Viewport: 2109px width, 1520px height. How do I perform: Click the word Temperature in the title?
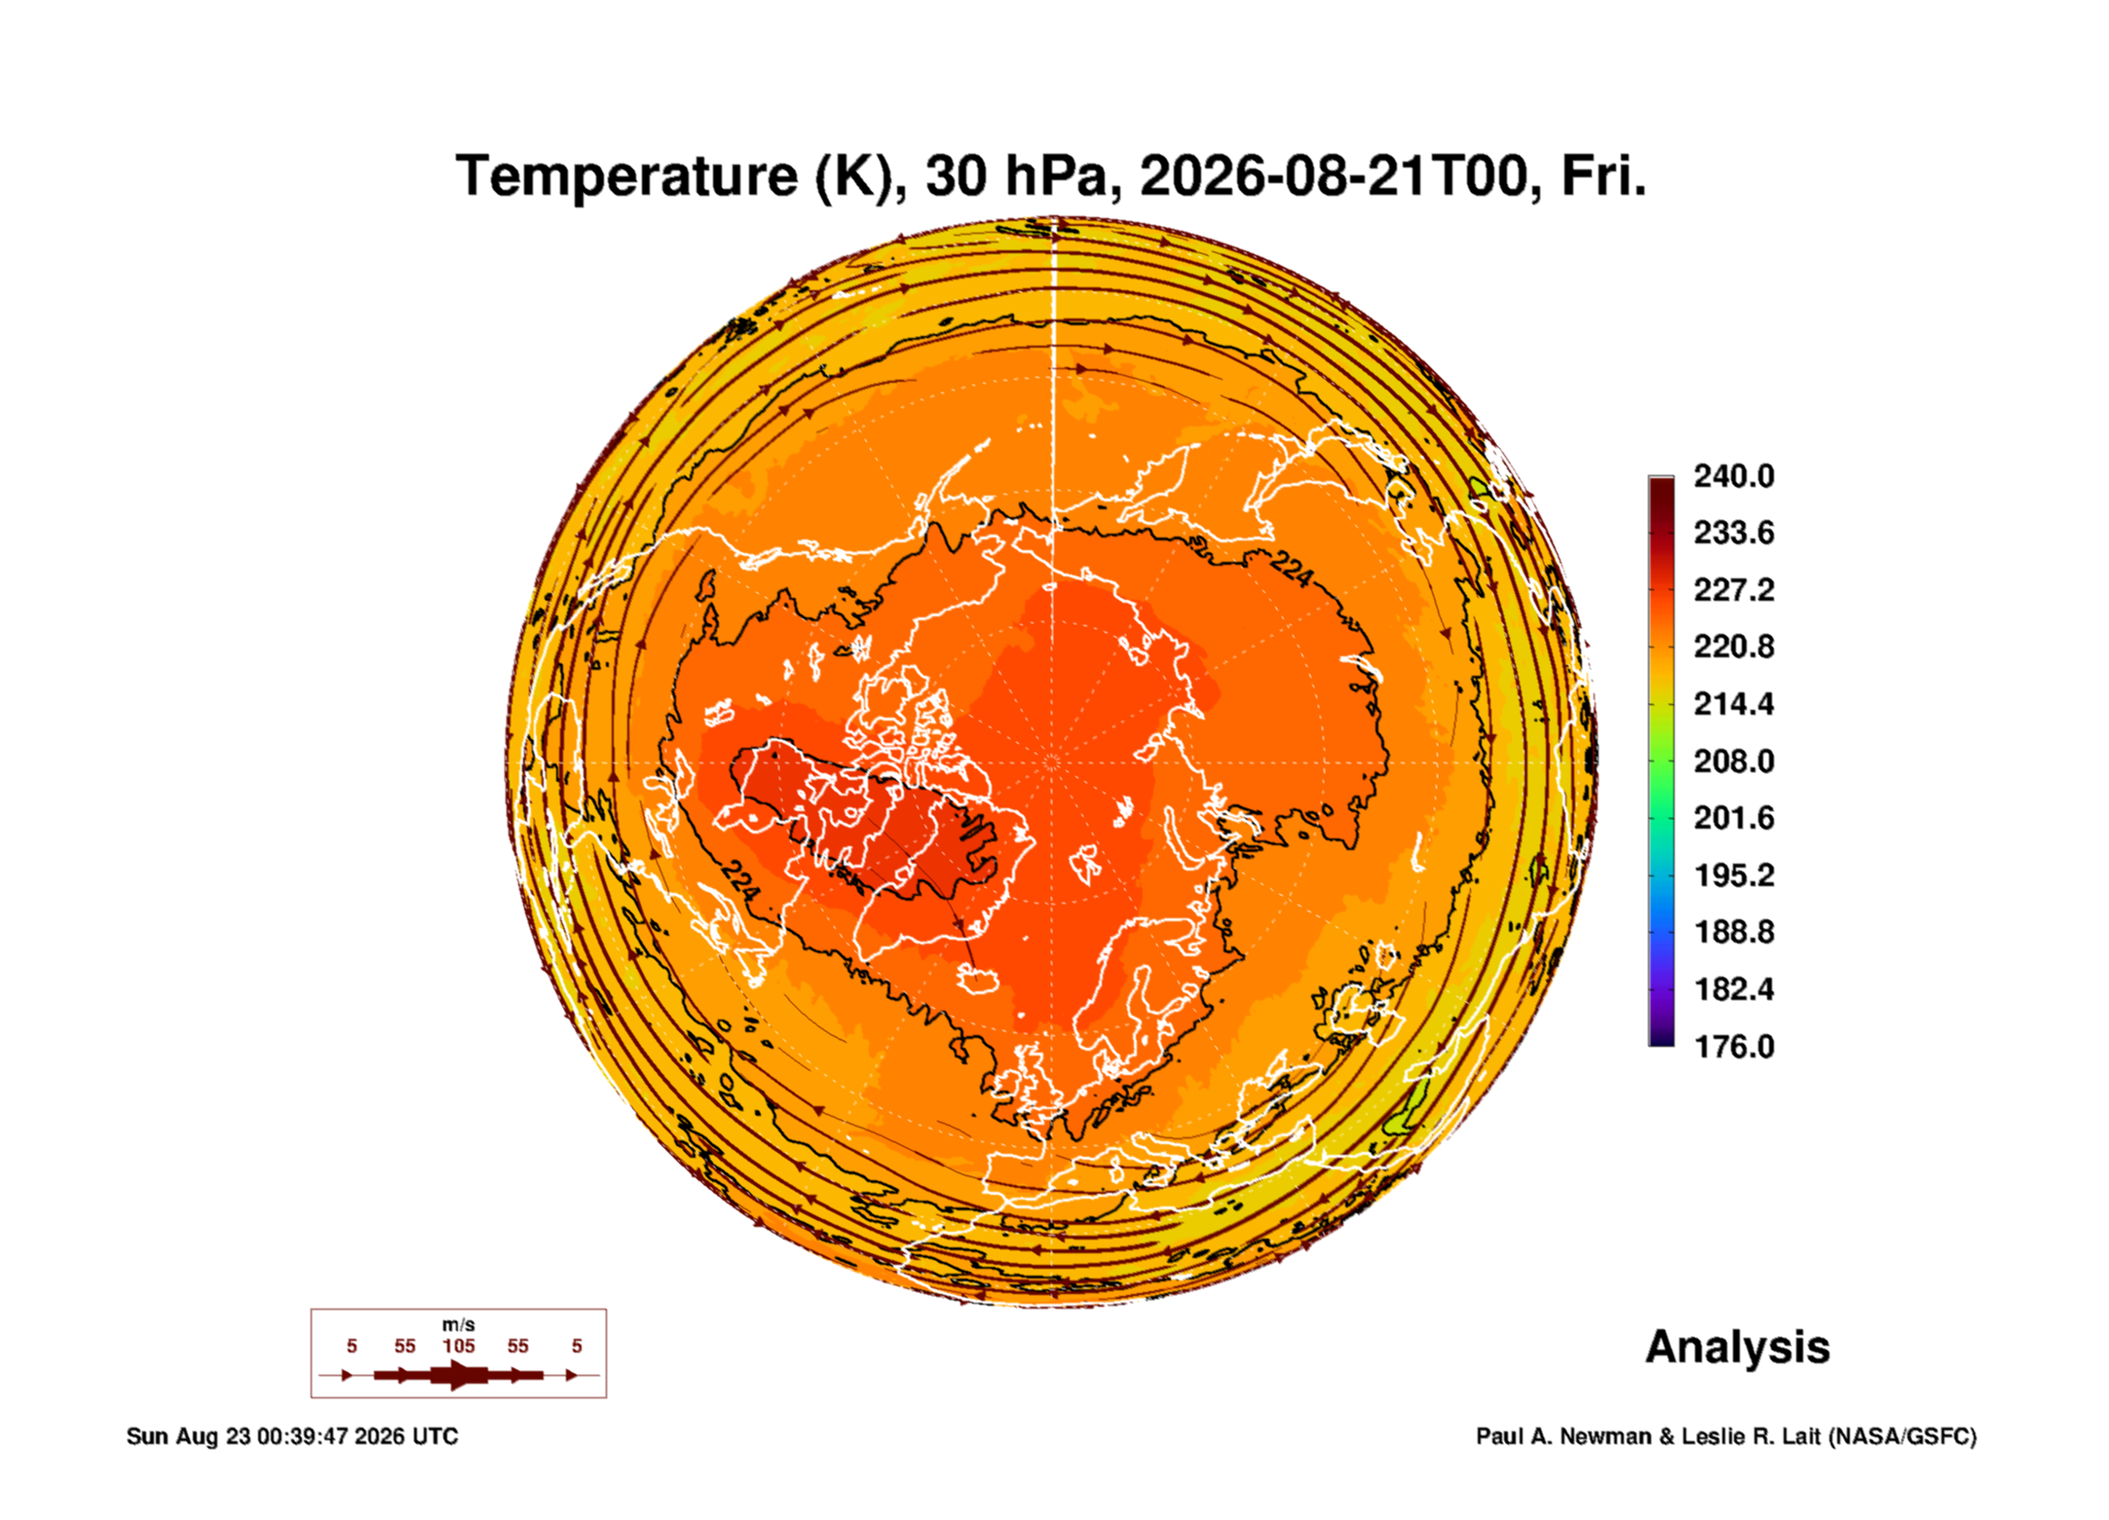pyautogui.click(x=626, y=177)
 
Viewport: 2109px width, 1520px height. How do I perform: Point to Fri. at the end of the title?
pyautogui.click(x=1603, y=176)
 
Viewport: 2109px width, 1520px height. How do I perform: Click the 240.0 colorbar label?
pyautogui.click(x=1733, y=476)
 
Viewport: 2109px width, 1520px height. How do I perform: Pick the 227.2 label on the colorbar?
pyautogui.click(x=1733, y=590)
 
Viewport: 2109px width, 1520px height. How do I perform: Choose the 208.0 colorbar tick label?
pyautogui.click(x=1733, y=761)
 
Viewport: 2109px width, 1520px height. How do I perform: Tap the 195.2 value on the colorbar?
pyautogui.click(x=1733, y=875)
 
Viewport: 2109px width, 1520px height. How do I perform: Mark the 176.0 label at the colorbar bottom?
pyautogui.click(x=1733, y=1047)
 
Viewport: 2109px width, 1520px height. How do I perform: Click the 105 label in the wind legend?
pyautogui.click(x=459, y=1346)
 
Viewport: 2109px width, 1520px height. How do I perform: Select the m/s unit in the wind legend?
pyautogui.click(x=459, y=1324)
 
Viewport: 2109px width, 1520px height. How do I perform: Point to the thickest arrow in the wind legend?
pyautogui.click(x=458, y=1375)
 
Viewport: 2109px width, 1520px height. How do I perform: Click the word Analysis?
pyautogui.click(x=1737, y=1348)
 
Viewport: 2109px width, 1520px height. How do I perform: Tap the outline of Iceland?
pyautogui.click(x=977, y=980)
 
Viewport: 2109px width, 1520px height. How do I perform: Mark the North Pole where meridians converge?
pyautogui.click(x=1052, y=761)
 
